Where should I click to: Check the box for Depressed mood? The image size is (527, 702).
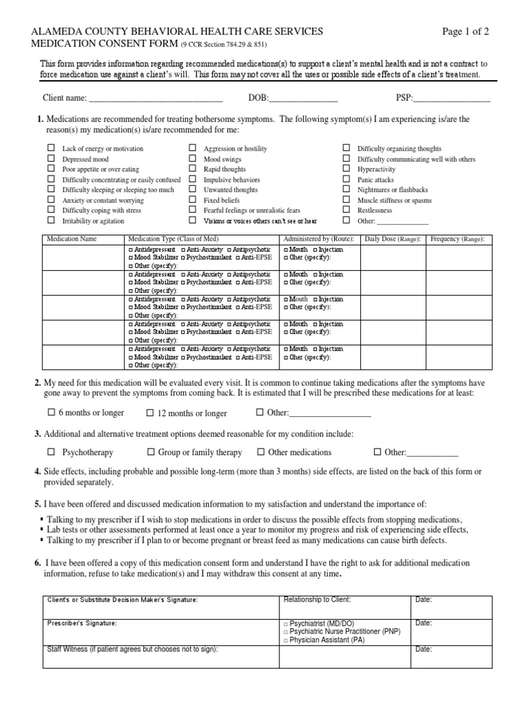[51, 159]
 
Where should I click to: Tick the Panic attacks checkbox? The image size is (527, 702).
[347, 180]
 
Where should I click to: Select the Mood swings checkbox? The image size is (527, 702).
[193, 159]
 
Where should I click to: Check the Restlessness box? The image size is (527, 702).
[347, 210]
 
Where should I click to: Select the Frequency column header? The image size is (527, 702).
[456, 239]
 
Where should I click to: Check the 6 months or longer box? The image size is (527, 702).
[51, 413]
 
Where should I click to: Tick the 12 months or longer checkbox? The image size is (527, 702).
[150, 413]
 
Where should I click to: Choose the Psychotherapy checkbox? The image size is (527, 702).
[51, 452]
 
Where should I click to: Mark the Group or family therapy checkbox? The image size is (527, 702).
[151, 452]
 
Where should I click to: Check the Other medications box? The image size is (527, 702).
[261, 452]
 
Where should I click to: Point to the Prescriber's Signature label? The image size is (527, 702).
[82, 623]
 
